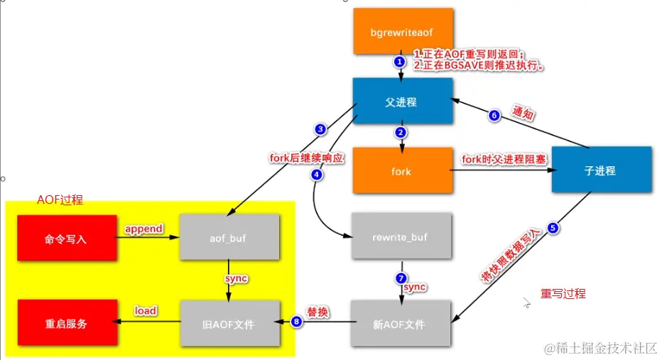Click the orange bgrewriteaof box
(403, 32)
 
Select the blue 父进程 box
(403, 102)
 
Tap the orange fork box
(403, 171)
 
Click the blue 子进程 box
(602, 170)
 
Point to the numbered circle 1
(399, 62)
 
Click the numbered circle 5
(554, 229)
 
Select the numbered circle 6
(494, 116)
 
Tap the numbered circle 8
(297, 322)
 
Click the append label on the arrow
(144, 229)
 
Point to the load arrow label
(146, 311)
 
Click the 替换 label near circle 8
(318, 312)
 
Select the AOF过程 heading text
(60, 200)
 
